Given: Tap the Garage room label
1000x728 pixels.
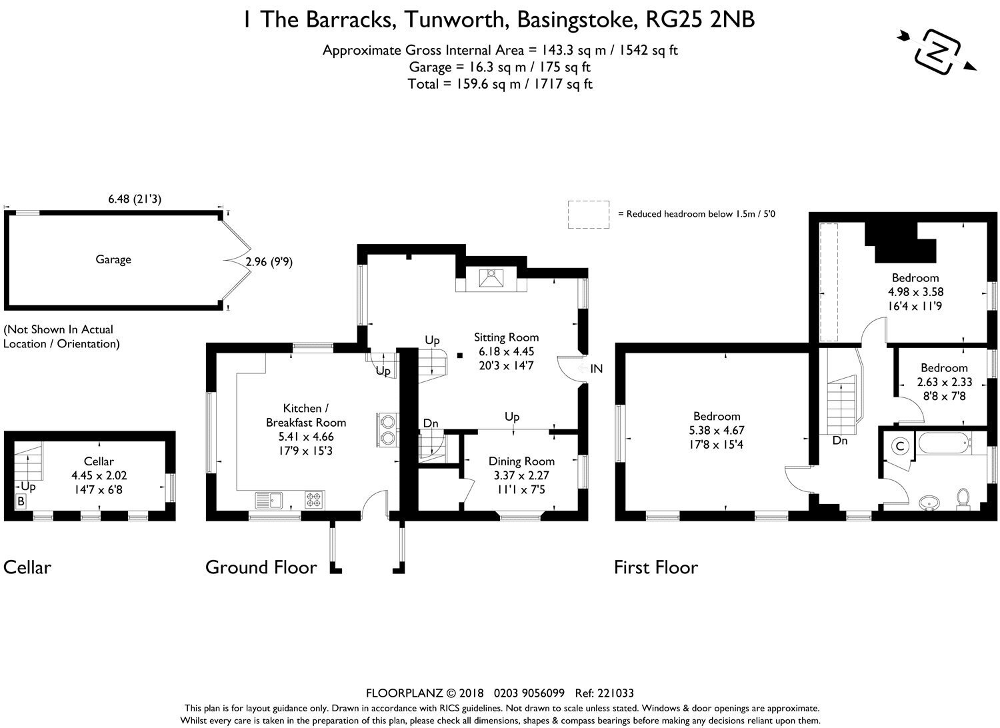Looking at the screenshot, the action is (113, 260).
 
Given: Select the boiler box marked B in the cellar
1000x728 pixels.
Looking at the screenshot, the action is (21, 502).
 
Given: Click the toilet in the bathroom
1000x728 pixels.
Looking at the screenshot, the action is (963, 499).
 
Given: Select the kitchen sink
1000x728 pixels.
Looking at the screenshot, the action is (269, 500).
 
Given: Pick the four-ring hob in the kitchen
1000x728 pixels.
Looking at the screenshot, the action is (313, 500).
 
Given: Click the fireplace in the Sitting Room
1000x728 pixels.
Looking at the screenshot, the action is (491, 278).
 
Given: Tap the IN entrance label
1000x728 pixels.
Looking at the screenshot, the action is (597, 369).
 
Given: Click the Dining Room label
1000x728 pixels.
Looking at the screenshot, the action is (521, 461).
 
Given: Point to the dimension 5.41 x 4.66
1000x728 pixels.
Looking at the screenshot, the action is (306, 437).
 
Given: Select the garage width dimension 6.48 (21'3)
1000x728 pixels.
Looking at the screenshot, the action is (135, 199).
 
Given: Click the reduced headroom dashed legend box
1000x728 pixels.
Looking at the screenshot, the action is (589, 215).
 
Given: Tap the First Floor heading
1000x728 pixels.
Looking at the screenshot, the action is (656, 567).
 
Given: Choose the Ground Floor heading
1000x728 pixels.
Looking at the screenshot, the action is (261, 567).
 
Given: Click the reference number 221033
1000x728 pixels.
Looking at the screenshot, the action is (615, 693).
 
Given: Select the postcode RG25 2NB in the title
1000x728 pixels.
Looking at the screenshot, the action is (700, 20).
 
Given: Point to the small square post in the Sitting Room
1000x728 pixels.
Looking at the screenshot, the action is (460, 355).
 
